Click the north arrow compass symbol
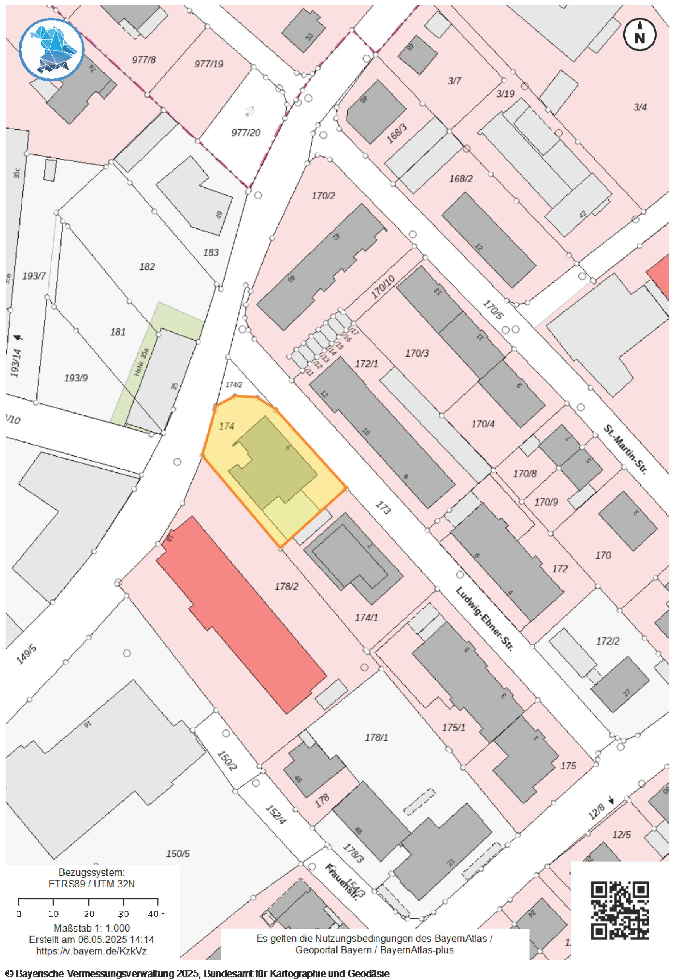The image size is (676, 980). pyautogui.click(x=639, y=35)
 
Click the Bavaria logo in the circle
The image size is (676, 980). pyautogui.click(x=51, y=49)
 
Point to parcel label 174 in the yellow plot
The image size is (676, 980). pyautogui.click(x=226, y=426)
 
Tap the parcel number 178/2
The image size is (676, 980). pyautogui.click(x=287, y=586)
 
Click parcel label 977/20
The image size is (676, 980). pyautogui.click(x=246, y=132)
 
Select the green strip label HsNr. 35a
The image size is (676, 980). pyautogui.click(x=141, y=362)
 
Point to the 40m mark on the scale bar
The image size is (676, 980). pyautogui.click(x=157, y=914)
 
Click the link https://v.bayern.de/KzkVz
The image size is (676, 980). pyautogui.click(x=91, y=951)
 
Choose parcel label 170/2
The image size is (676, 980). pyautogui.click(x=323, y=196)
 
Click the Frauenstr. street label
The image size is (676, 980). pyautogui.click(x=341, y=882)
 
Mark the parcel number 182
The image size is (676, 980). pyautogui.click(x=147, y=267)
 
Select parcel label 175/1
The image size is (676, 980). pyautogui.click(x=454, y=728)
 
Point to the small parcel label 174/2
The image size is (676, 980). pyautogui.click(x=234, y=385)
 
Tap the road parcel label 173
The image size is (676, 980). pyautogui.click(x=383, y=508)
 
